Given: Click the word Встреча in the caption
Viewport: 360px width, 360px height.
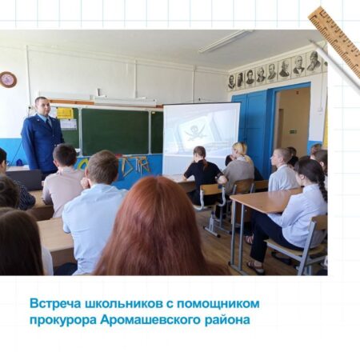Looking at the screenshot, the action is (55, 303).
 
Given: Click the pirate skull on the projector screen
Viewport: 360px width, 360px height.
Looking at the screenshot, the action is (196, 132).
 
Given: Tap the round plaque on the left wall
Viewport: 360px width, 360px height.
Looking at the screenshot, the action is (8, 79).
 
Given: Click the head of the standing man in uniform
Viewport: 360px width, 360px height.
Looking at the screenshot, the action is (42, 106).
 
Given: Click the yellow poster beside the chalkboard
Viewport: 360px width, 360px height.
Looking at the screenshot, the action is (65, 113).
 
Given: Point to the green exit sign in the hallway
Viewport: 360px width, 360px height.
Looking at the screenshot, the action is (294, 131).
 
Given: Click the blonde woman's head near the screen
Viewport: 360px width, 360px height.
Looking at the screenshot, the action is (241, 150).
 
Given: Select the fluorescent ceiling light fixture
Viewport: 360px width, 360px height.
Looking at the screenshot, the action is (226, 41).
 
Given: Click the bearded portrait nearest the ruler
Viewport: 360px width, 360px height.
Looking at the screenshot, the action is (314, 62).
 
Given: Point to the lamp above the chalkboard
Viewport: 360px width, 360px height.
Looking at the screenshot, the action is (125, 101).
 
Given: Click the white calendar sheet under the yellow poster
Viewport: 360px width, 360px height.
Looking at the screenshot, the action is (68, 124).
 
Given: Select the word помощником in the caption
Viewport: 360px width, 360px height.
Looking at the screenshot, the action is (218, 304).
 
